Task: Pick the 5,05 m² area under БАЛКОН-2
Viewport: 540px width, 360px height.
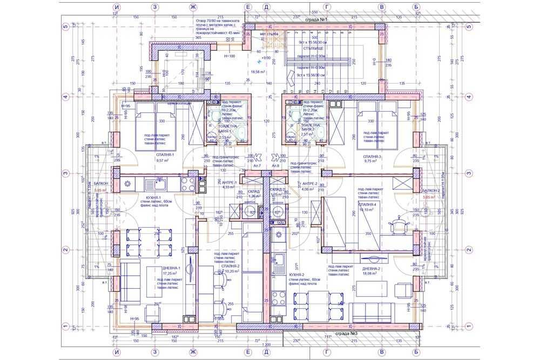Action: point(430,198)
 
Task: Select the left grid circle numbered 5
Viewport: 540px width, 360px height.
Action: point(65,25)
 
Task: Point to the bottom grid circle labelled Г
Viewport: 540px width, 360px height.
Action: point(327,352)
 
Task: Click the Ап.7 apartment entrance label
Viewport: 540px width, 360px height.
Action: point(250,166)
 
